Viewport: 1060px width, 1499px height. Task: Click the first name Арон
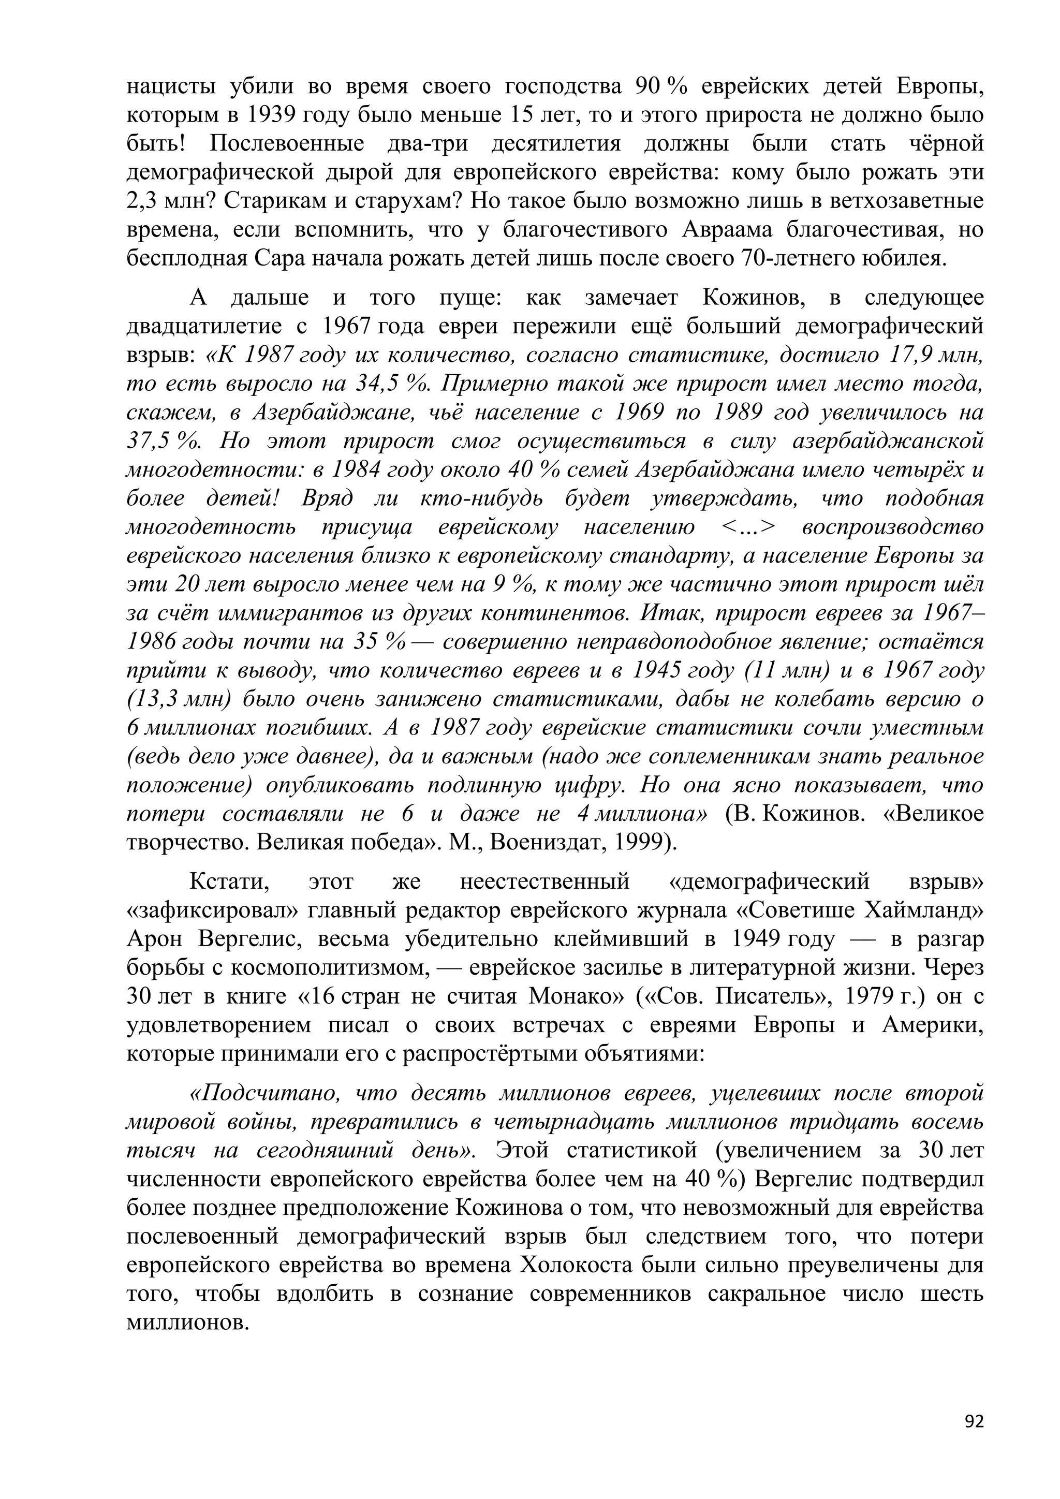[x=155, y=939]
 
